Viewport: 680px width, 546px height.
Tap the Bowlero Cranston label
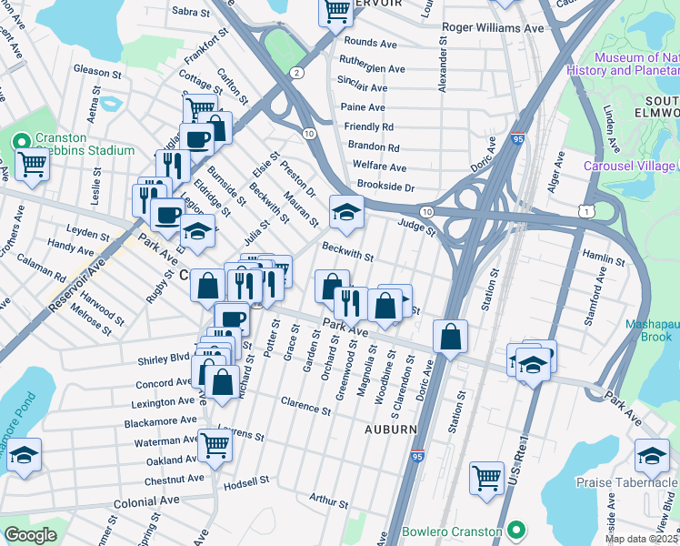click(x=452, y=531)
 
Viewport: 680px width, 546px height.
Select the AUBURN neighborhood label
click(x=391, y=429)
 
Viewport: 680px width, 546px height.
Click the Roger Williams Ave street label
click(x=492, y=28)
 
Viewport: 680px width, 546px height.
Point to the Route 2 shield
click(x=296, y=72)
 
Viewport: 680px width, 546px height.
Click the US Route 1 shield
click(x=588, y=211)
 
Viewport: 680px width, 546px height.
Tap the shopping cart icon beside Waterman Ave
click(x=215, y=446)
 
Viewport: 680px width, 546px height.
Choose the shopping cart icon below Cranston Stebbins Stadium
click(x=31, y=165)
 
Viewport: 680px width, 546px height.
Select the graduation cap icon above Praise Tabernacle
click(x=652, y=455)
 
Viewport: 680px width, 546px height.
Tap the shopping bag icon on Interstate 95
click(x=450, y=337)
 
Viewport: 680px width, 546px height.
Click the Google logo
click(x=30, y=535)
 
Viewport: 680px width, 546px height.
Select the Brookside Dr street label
click(x=385, y=187)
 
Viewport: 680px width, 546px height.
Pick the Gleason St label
click(x=97, y=71)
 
